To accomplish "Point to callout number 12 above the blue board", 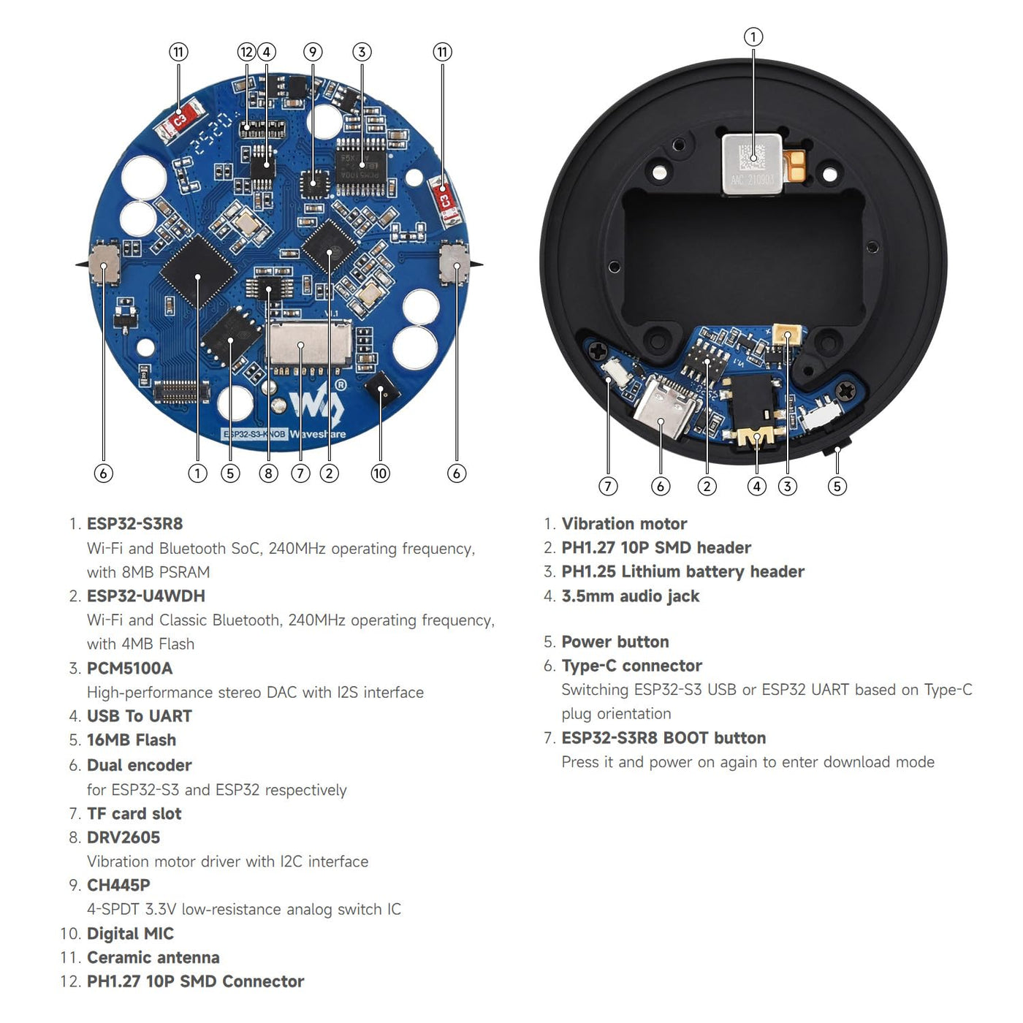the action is tap(247, 52).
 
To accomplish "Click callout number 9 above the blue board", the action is tap(313, 52).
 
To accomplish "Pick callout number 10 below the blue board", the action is tap(380, 473).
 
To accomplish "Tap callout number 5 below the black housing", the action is tap(837, 486).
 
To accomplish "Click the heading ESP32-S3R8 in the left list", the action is tap(135, 523).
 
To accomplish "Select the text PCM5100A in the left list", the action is tap(129, 668).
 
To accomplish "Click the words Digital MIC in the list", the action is tap(130, 933).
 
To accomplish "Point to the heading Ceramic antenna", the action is tap(153, 957).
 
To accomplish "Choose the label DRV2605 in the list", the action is tap(123, 837).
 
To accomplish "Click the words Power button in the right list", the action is tap(615, 642).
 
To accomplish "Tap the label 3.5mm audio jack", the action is tap(631, 596).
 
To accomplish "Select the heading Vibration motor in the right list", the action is tap(624, 523).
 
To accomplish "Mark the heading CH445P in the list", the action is tap(118, 885).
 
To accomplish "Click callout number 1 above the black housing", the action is tap(753, 37).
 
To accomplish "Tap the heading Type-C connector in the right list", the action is tap(632, 666).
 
